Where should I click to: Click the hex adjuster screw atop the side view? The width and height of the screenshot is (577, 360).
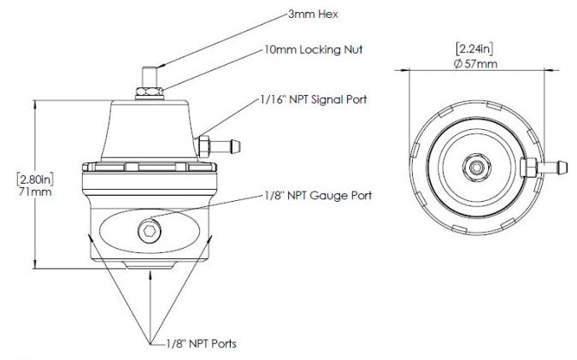click(150, 73)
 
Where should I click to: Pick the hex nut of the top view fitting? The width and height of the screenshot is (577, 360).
click(529, 164)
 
